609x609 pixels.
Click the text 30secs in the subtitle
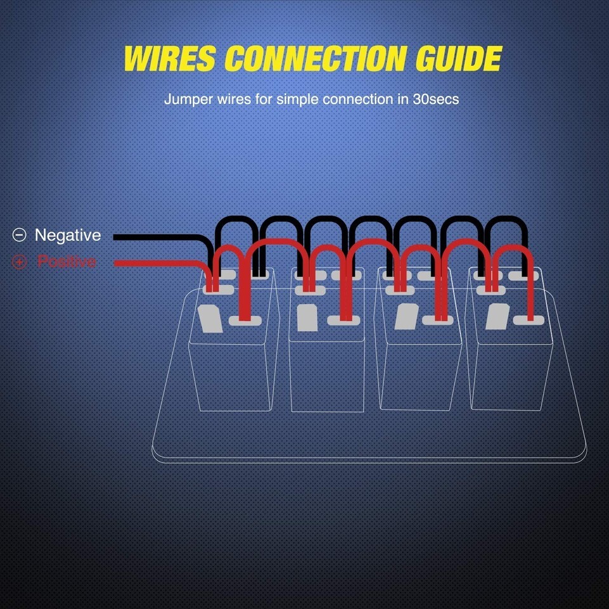(x=435, y=100)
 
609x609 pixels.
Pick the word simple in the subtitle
(x=297, y=100)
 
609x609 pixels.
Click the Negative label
(x=67, y=235)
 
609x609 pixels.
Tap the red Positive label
(x=67, y=261)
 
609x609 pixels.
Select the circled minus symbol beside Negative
(x=20, y=235)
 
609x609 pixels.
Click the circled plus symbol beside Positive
(x=20, y=262)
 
